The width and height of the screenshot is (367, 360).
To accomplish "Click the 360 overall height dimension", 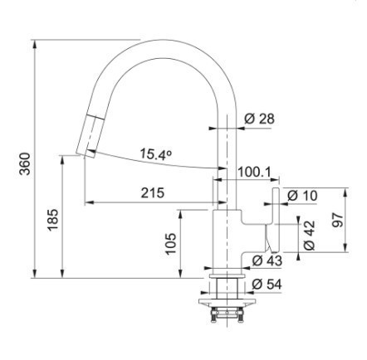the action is (x=26, y=163).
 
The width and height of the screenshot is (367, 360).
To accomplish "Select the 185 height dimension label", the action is (x=52, y=220).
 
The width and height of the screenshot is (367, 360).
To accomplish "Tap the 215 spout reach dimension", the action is (x=153, y=192).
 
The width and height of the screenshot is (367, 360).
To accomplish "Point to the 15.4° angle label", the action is (x=155, y=153).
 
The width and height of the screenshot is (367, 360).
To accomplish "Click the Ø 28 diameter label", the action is (x=260, y=119).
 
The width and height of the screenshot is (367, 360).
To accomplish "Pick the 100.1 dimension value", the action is (x=254, y=172).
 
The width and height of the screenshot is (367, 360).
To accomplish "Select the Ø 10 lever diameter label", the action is (x=302, y=196).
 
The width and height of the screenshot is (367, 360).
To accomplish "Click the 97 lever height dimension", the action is (x=338, y=220).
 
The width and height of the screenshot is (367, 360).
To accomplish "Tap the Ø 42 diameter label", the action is (x=309, y=236).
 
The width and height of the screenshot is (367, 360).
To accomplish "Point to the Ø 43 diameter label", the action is (x=267, y=260).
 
